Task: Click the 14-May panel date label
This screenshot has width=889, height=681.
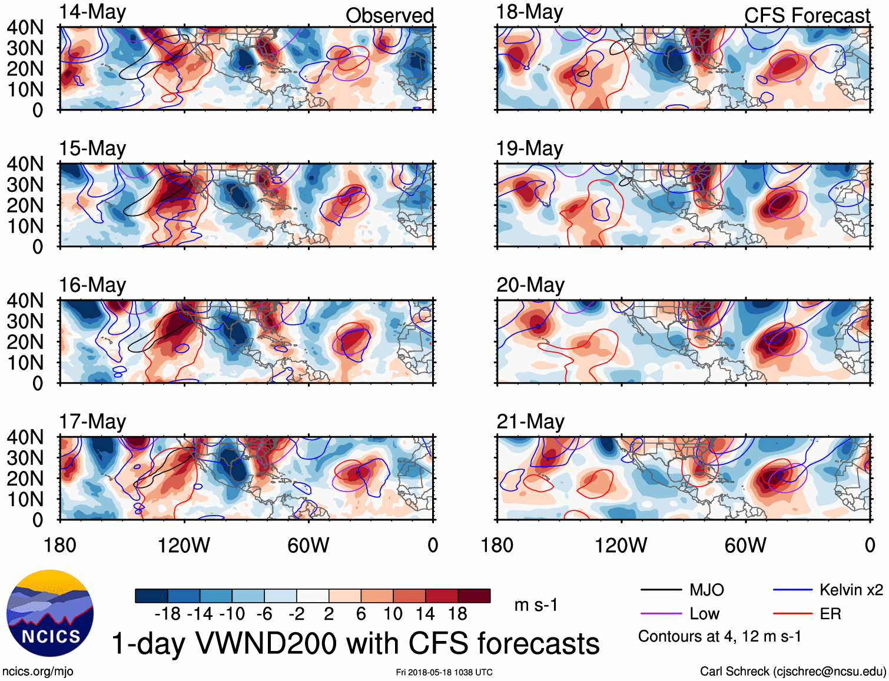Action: pos(92,13)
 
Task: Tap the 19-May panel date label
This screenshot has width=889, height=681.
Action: pos(530,148)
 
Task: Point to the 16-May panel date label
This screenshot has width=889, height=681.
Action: pos(92,285)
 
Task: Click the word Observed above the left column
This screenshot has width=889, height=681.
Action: pos(389,16)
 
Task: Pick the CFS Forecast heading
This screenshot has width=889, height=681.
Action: pos(807,16)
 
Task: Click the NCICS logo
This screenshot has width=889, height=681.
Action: pos(50,613)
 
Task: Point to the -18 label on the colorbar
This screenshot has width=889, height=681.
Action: pos(168,614)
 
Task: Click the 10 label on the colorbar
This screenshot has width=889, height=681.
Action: pos(393,614)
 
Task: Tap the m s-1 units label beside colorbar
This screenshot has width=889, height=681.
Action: pos(536,605)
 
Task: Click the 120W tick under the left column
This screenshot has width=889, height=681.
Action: pos(184,546)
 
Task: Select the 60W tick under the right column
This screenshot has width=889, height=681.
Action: pos(745,546)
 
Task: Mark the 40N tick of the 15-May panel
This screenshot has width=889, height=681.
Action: pos(25,164)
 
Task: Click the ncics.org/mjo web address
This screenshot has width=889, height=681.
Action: pos(38,672)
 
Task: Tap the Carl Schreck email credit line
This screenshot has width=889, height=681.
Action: pos(792,672)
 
